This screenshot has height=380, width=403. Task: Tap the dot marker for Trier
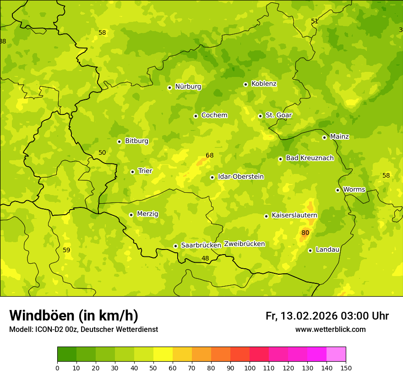(x=132, y=172)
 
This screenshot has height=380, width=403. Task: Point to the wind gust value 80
(x=305, y=233)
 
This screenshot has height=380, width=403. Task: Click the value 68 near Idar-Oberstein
(x=210, y=155)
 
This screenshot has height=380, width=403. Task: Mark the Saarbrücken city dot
(x=175, y=246)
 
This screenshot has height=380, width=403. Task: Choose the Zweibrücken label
(x=244, y=244)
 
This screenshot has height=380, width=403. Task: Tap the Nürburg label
(x=188, y=87)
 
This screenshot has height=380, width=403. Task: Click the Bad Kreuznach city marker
(x=280, y=159)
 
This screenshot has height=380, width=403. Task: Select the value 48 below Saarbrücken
(x=205, y=259)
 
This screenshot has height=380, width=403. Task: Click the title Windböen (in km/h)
(x=74, y=315)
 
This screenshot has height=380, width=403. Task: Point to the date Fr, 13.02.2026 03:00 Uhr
(x=327, y=316)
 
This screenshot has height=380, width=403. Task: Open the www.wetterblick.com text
(x=330, y=330)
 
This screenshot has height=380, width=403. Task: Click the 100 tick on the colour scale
(x=250, y=368)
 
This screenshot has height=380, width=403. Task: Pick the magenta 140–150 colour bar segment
(x=336, y=354)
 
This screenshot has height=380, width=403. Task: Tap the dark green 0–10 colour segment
(x=67, y=354)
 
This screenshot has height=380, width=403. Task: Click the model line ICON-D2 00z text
(x=83, y=330)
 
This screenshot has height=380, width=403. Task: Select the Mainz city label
(x=339, y=136)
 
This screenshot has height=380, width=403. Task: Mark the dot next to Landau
(x=310, y=250)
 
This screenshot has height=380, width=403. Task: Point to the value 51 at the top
(x=315, y=21)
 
